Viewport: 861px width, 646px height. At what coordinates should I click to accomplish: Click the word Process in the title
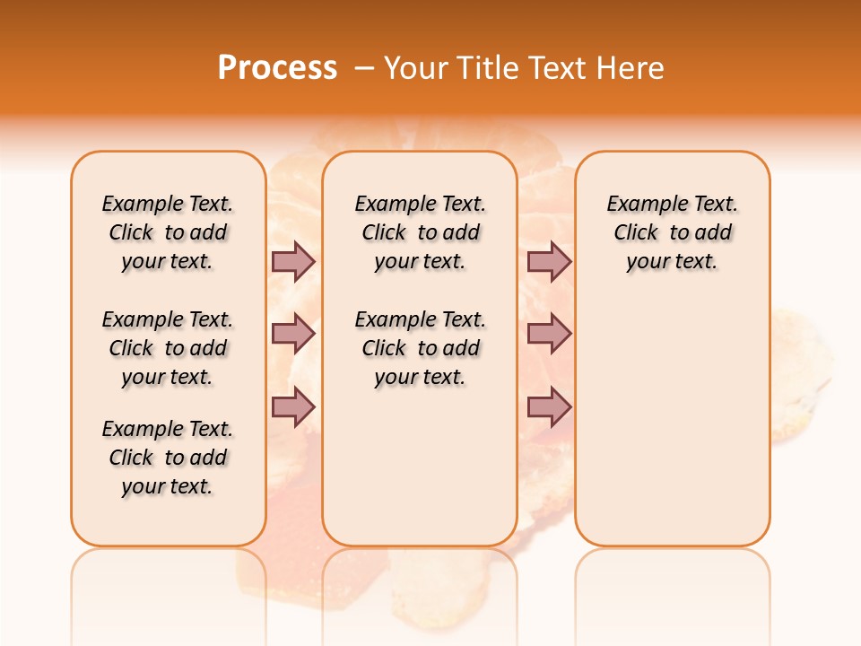tap(277, 68)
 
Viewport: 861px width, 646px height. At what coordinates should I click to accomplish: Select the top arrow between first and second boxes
tap(293, 261)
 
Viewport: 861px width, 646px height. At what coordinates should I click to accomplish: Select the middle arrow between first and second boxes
tap(293, 334)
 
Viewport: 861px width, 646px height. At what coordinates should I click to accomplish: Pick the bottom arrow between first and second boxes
tap(293, 407)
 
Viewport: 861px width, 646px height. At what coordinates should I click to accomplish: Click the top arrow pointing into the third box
tap(549, 261)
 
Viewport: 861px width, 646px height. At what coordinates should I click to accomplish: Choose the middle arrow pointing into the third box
tap(549, 334)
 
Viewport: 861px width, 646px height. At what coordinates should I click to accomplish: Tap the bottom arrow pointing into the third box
tap(549, 407)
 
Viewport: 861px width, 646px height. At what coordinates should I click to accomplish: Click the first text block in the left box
tap(168, 232)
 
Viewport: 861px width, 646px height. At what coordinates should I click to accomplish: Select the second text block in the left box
tap(168, 348)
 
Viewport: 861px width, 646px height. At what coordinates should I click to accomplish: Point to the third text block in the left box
tap(168, 458)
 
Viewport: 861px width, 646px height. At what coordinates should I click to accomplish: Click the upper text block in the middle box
tap(420, 232)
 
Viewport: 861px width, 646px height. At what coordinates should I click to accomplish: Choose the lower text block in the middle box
tap(420, 348)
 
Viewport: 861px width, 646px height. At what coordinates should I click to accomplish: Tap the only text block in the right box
tap(673, 232)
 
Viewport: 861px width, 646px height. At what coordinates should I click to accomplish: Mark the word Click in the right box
tap(636, 233)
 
